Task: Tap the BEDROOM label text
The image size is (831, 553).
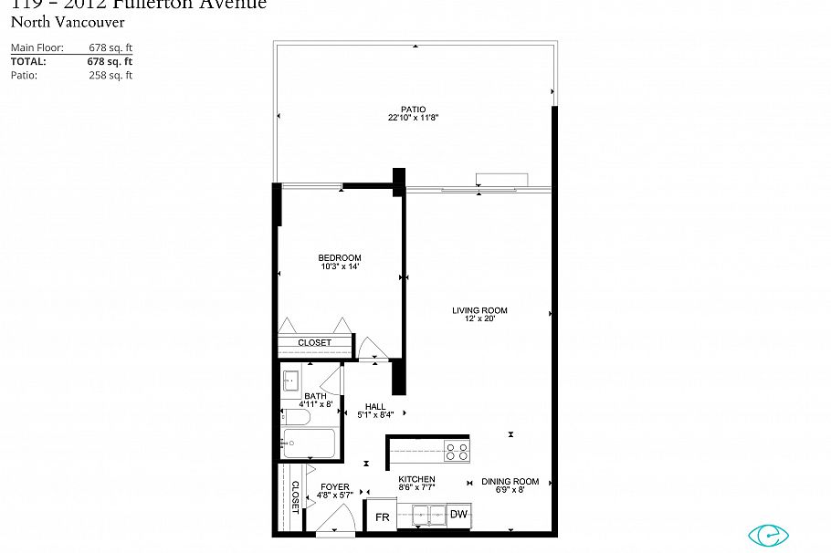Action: point(340,257)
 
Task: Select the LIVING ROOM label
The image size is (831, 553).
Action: point(479,310)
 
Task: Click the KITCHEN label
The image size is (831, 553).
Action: point(416,479)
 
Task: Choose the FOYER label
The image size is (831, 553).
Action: point(335,487)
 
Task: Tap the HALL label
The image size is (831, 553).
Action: point(375,406)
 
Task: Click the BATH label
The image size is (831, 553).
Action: point(315,395)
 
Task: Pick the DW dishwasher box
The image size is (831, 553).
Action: point(458,515)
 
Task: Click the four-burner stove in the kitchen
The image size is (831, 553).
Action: point(456,449)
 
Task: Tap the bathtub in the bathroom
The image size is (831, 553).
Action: point(310,443)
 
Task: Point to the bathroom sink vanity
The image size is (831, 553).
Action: point(292,379)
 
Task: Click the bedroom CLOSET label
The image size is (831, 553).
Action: point(315,343)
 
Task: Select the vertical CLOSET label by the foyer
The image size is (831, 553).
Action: point(295,497)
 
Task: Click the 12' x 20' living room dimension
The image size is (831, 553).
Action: point(479,319)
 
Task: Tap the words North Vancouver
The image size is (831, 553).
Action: point(67,22)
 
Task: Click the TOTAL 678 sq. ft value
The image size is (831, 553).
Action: point(110,61)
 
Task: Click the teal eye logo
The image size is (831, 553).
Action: point(768,535)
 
